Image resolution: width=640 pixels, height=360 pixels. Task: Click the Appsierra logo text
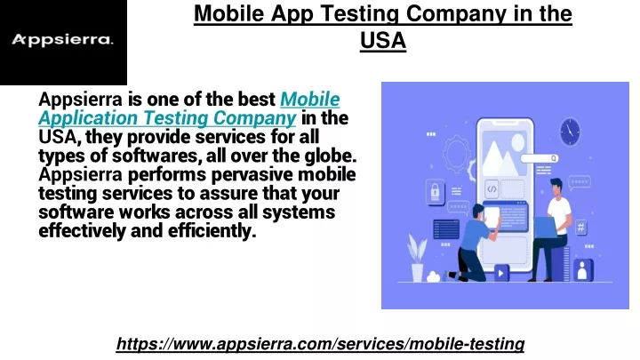pos(62,40)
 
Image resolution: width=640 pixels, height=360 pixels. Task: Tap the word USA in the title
pos(383,40)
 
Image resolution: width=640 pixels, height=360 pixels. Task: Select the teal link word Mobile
pos(310,100)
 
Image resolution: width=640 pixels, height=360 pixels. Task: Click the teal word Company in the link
pos(255,118)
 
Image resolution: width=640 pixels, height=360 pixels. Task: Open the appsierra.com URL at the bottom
pos(320,344)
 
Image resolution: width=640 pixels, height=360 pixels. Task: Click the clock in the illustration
pos(570,132)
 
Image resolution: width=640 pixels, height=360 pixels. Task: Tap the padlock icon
pos(435,191)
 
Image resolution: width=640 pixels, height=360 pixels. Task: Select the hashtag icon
pos(580,227)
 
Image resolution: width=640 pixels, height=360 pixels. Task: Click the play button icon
pos(501,273)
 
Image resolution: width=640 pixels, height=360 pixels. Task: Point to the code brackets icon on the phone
pos(492,189)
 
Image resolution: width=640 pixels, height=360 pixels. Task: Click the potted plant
pos(417,258)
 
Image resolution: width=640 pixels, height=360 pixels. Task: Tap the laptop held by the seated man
pos(545,227)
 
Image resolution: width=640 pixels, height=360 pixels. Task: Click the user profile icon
pos(583,270)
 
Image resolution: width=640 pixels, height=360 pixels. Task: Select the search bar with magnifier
pos(540,158)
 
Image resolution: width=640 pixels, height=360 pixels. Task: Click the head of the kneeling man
pos(478,211)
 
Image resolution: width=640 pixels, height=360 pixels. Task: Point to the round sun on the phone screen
pos(518,142)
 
